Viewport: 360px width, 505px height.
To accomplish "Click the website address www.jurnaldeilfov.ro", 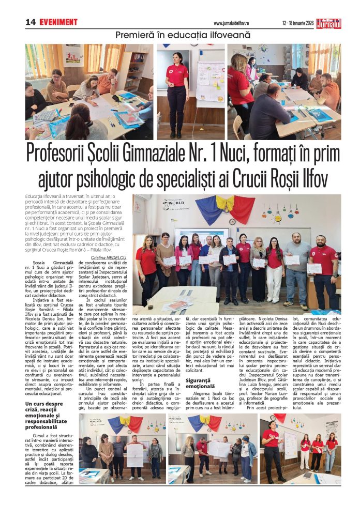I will (235, 23).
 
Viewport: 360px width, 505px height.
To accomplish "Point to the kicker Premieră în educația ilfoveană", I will (183, 35).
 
